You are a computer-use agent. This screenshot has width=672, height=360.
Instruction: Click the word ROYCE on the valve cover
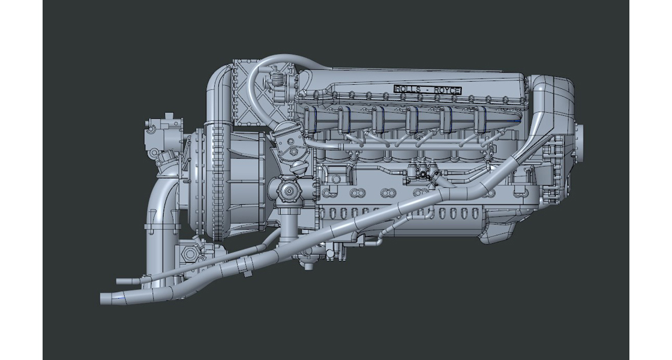click(x=448, y=90)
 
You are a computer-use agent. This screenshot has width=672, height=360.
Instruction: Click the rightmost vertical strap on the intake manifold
click(x=478, y=120)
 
